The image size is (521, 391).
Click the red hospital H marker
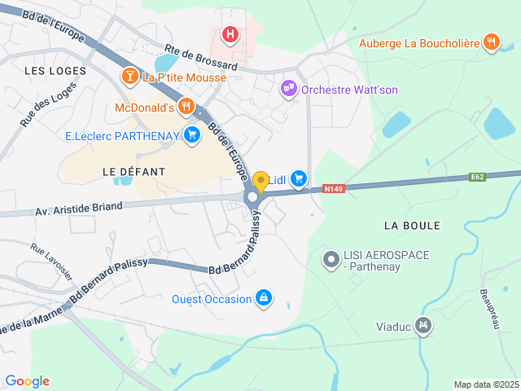(231, 34)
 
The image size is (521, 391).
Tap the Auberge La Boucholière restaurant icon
(491, 42)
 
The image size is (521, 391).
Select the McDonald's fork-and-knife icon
(187, 106)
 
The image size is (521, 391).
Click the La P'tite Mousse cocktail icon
(129, 77)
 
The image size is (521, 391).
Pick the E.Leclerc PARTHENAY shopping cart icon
(192, 134)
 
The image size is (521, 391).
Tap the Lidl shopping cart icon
(299, 178)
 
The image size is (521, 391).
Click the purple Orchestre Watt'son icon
(288, 89)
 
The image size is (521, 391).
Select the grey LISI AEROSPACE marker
(331, 261)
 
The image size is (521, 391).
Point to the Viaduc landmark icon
(422, 326)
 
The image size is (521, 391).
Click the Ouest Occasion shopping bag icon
(264, 298)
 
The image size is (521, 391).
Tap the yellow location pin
(260, 181)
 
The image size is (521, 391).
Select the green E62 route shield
(478, 177)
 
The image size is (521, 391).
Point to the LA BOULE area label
(411, 225)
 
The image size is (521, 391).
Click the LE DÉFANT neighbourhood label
(134, 172)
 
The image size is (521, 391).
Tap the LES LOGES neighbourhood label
(55, 71)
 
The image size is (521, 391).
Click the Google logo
(27, 380)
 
